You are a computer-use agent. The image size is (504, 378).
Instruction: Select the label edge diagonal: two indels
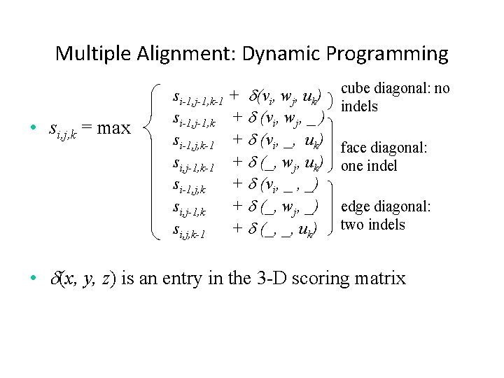pyautogui.click(x=385, y=216)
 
